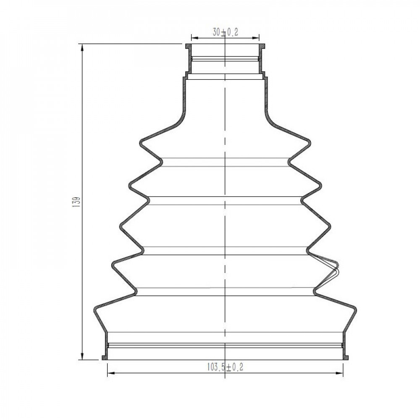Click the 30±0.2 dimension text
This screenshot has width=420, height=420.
[x=225, y=32]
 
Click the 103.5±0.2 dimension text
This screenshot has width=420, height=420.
[x=225, y=367]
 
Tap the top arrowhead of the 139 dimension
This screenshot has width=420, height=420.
[x=82, y=48]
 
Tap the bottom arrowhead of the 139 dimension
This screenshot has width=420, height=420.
[x=82, y=356]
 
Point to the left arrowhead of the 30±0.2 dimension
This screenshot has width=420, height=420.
[x=195, y=38]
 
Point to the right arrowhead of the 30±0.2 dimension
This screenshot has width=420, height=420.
[x=255, y=38]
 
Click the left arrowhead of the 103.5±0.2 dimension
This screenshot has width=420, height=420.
[x=111, y=373]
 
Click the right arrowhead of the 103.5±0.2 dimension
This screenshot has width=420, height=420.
[x=339, y=373]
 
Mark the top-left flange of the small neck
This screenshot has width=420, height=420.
[x=189, y=47]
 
